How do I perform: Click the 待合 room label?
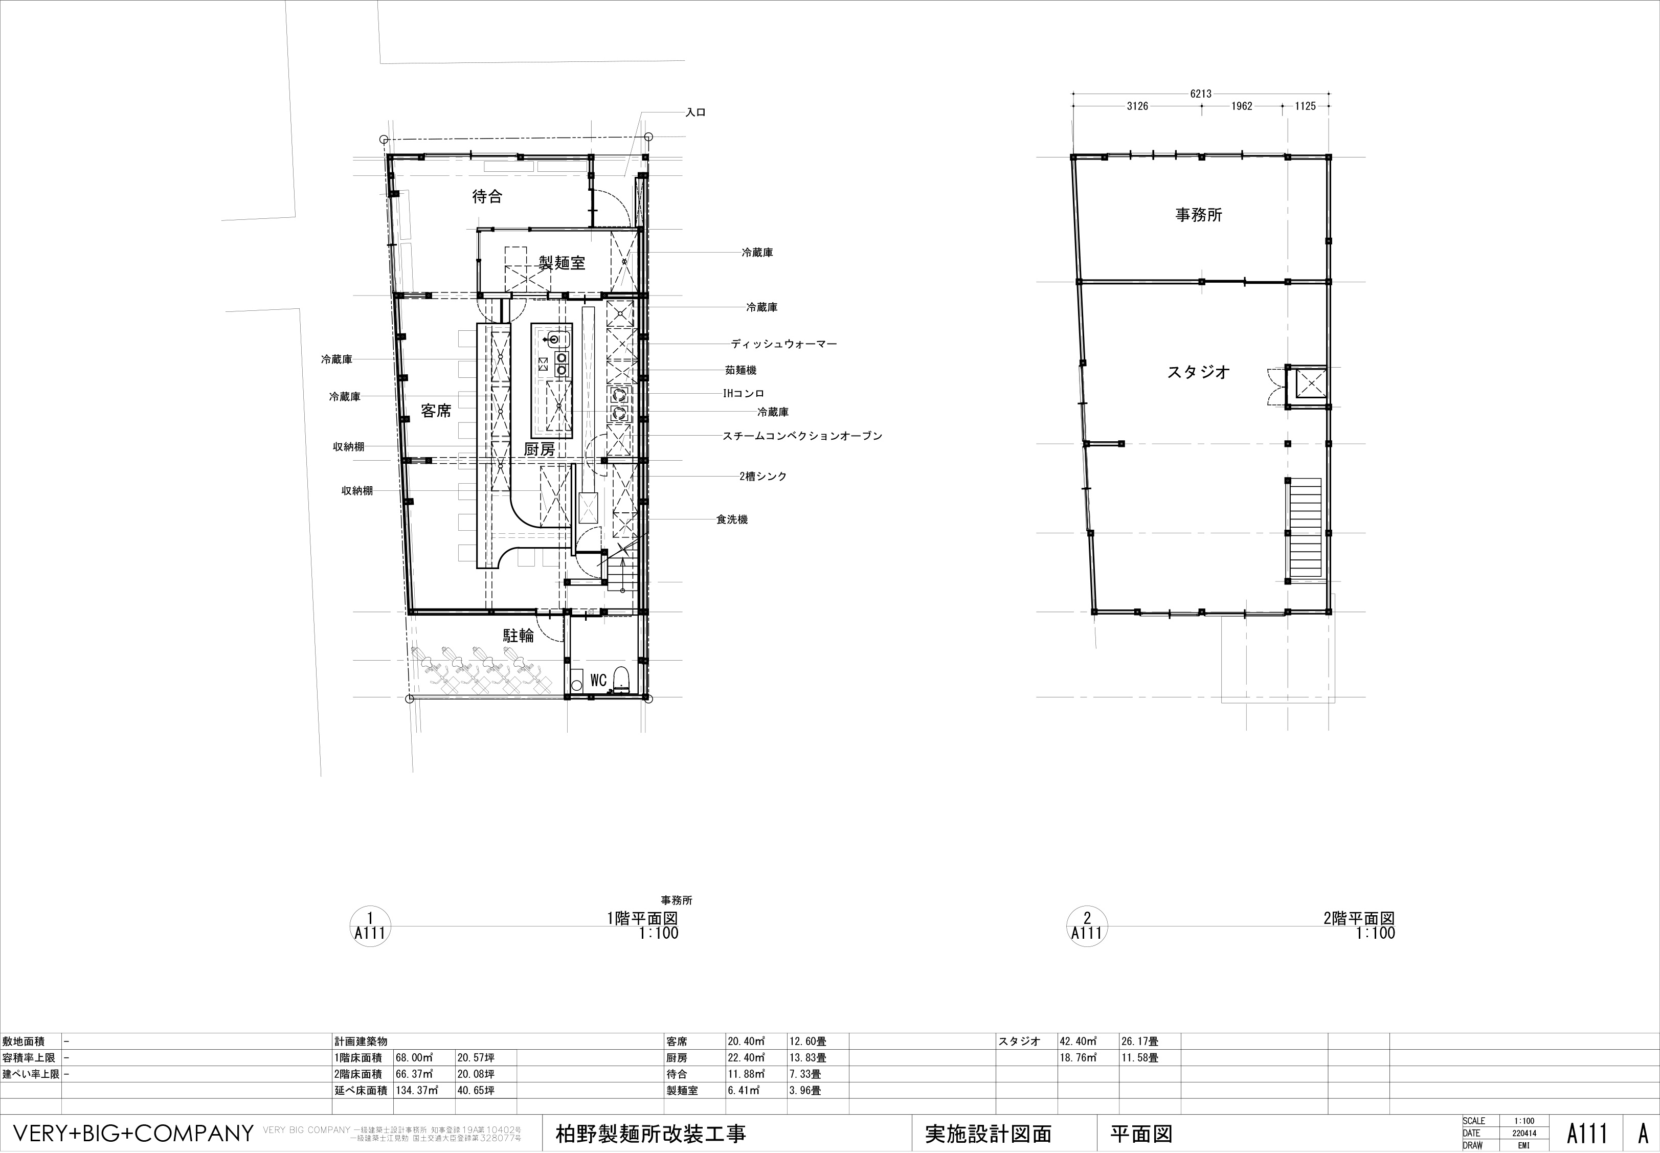[487, 196]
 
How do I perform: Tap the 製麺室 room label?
[562, 263]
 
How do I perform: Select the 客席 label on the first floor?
[436, 411]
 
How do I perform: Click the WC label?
[598, 681]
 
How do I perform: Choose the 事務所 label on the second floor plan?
[1198, 215]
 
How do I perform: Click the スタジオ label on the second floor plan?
[1198, 372]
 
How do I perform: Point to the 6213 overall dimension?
[1201, 93]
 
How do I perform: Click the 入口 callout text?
[696, 112]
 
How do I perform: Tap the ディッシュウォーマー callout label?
[784, 344]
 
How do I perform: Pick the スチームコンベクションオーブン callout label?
[802, 436]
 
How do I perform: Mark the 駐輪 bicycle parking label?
[519, 636]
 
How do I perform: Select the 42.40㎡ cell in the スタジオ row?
[1078, 1041]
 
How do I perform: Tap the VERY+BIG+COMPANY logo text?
[133, 1133]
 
